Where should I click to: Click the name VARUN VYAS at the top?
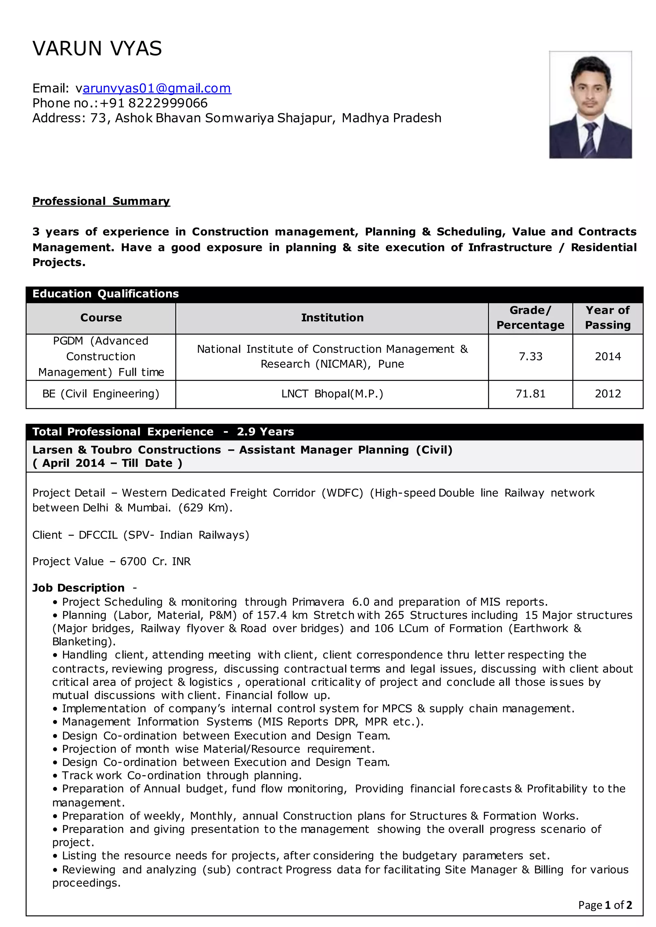[x=97, y=48]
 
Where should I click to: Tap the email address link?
[x=157, y=88]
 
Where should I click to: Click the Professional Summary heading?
[x=101, y=201]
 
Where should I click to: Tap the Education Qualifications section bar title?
[x=105, y=294]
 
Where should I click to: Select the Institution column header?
[x=332, y=318]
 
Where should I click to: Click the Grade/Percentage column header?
[x=530, y=318]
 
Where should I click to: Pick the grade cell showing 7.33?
[x=530, y=357]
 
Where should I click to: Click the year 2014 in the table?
[x=608, y=357]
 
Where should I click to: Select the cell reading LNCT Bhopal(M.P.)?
[x=332, y=394]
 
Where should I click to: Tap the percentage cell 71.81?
[x=530, y=394]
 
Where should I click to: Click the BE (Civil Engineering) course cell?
[x=101, y=394]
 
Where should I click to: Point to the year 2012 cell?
[x=608, y=394]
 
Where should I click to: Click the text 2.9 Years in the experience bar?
[x=266, y=431]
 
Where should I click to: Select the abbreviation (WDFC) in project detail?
[x=342, y=493]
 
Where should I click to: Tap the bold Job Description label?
[x=78, y=588]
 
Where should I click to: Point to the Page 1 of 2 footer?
[x=605, y=905]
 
